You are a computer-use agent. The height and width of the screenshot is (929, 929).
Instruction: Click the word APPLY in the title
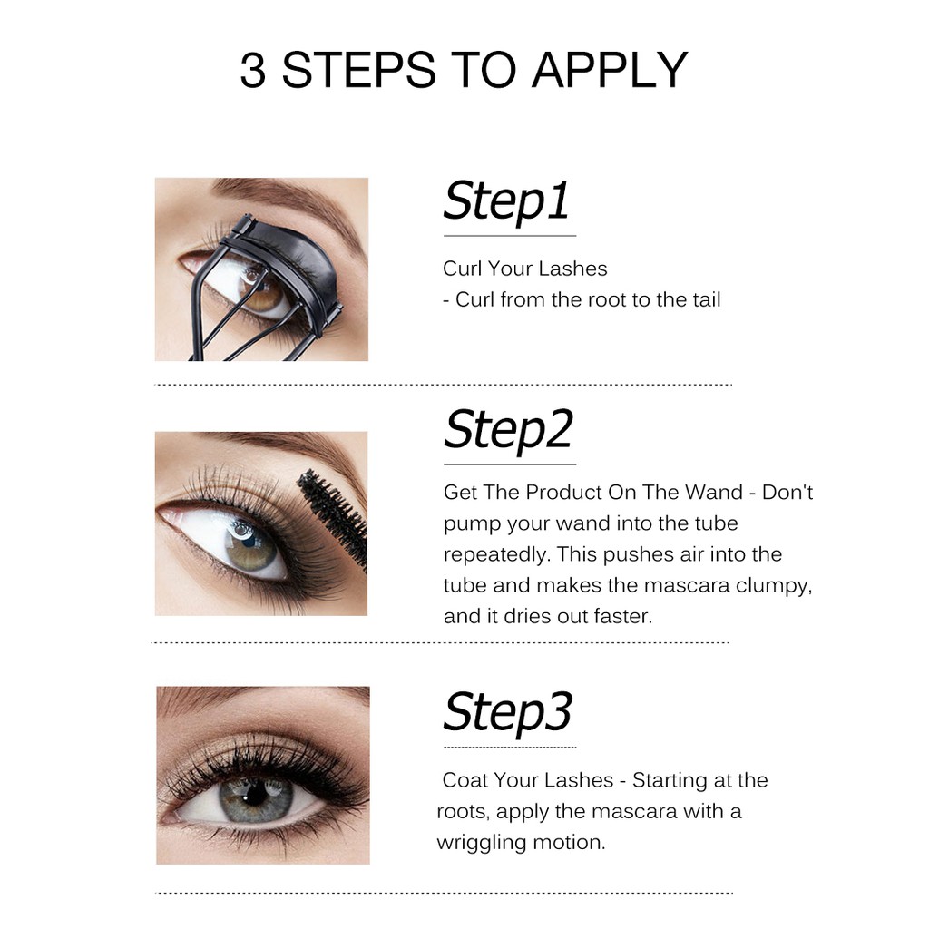pos(610,71)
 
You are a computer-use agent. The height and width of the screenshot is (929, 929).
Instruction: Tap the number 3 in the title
pos(253,71)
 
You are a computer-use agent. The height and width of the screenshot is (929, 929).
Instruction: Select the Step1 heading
pos(506,201)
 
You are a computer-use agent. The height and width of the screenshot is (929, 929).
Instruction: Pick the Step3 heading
pos(508,712)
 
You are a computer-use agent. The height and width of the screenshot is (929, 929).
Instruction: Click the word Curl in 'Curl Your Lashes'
pos(463,269)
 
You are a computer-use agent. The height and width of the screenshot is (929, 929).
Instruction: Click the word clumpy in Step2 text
pos(774,586)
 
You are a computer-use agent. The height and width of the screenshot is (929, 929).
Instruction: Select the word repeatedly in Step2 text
pos(496,554)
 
